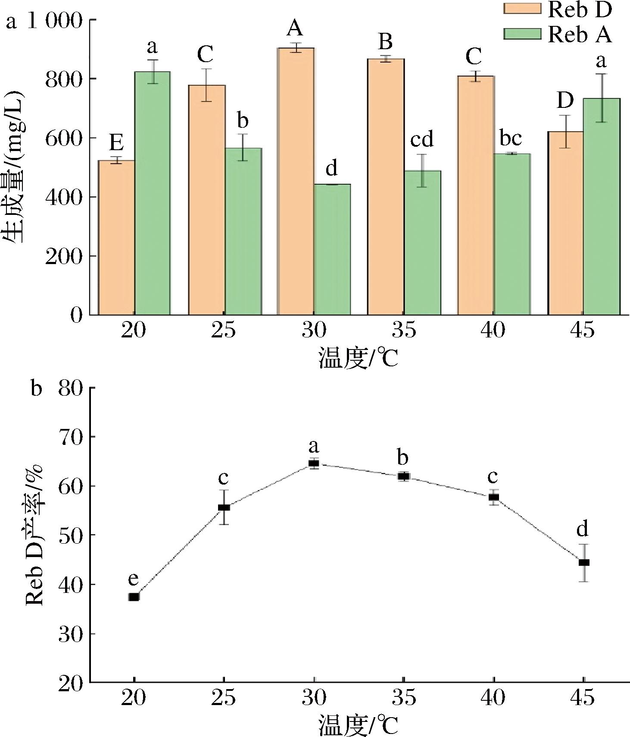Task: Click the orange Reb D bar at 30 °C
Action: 296,181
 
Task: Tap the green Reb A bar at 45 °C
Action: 602,207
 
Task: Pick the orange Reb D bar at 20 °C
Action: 116,237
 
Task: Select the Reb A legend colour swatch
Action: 522,34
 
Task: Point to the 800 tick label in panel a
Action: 64,79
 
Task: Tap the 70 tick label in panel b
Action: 71,437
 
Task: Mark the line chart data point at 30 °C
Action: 314,464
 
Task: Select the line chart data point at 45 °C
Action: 584,562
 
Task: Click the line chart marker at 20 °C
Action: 134,597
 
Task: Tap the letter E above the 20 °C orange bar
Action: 116,142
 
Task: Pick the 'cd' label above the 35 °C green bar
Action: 422,139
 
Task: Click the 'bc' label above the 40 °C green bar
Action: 511,139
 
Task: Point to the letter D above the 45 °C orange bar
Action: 565,101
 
